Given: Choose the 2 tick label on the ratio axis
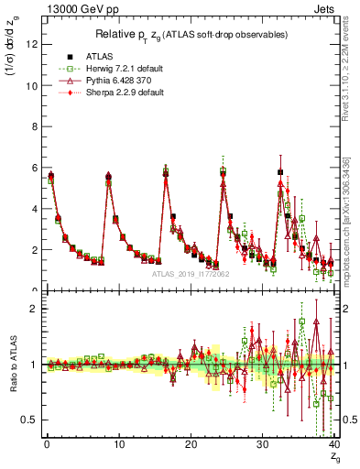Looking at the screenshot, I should click(x=34, y=309).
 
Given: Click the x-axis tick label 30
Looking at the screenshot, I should click(x=262, y=444).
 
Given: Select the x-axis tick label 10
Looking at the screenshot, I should click(x=118, y=444).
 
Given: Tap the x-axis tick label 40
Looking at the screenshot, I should click(x=334, y=444).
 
